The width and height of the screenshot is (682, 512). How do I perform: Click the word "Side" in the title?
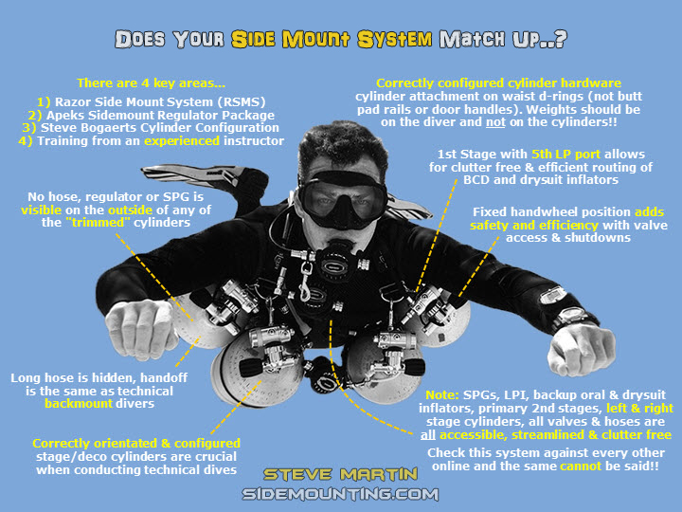click(253, 39)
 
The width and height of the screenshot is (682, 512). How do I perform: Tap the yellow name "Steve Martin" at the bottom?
click(340, 474)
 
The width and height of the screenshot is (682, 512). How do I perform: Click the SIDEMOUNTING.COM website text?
click(340, 494)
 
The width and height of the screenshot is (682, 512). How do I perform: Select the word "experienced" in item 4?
click(182, 141)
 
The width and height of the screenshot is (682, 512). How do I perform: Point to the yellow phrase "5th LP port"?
click(565, 155)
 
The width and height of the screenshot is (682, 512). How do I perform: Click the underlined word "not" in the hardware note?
click(495, 122)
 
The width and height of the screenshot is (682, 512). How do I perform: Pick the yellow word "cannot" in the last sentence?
click(581, 466)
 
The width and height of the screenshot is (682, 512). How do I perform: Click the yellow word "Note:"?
click(442, 394)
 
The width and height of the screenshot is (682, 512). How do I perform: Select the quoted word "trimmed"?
click(100, 223)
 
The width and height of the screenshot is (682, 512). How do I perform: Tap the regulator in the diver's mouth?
click(338, 262)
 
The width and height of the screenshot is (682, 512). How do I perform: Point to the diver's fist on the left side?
click(139, 328)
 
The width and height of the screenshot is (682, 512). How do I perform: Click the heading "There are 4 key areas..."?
click(151, 83)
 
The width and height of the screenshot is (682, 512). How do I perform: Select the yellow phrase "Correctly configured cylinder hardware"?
click(498, 83)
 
